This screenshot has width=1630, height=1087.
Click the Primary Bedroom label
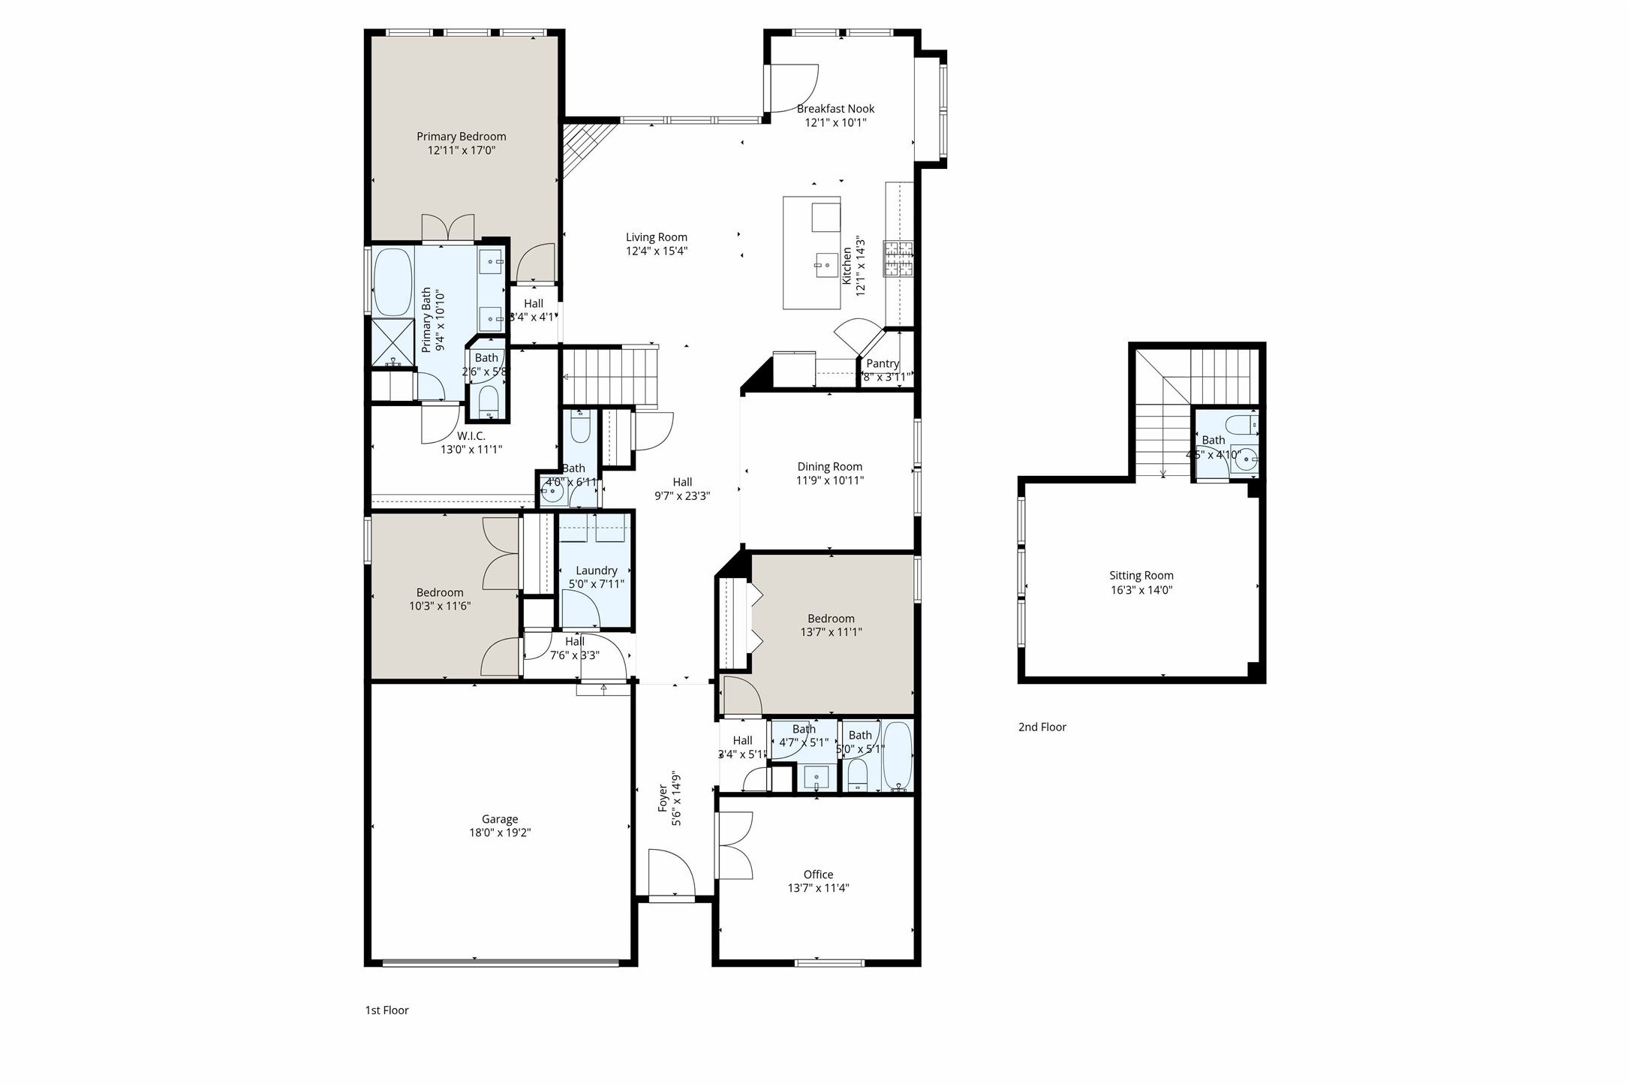461,137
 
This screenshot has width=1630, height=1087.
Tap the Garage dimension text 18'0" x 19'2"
500,833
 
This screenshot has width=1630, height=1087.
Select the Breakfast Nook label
835,109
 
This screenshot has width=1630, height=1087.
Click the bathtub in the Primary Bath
393,282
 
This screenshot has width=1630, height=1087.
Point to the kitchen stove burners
898,260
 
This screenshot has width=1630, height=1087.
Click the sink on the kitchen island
826,263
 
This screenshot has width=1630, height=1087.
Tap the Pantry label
882,363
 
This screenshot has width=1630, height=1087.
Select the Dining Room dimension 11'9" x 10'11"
829,480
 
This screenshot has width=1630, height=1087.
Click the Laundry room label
596,571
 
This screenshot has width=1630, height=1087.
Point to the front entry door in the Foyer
672,873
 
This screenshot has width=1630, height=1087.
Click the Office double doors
734,846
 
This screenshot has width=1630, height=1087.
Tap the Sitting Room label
1141,576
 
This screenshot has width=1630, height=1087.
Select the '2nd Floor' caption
1042,727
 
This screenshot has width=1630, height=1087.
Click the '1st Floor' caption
386,1010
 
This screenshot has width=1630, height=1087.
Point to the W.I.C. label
471,436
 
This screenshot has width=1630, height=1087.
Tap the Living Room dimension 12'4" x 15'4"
657,251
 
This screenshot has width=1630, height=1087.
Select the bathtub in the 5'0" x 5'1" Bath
898,754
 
